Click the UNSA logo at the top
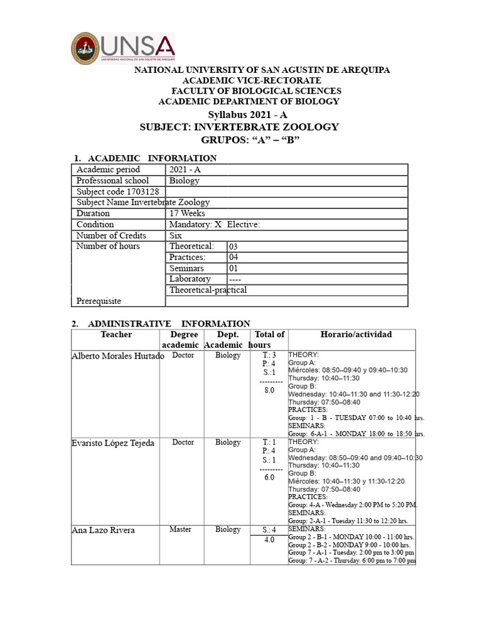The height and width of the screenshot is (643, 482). pos(123,48)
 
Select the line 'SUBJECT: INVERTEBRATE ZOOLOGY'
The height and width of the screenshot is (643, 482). pos(238,127)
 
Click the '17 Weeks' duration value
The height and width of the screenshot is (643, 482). pos(187,213)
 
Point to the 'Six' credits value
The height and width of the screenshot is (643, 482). pos(176,235)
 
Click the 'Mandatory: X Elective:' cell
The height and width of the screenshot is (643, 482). pos(215,225)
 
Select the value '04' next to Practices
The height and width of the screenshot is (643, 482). pos(234,257)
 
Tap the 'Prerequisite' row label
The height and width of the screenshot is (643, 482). pos(99,301)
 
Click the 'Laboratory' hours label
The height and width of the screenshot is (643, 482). pos(190,279)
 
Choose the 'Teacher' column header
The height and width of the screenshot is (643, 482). pos(116,335)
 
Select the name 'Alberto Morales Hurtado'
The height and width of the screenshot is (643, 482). pos(118,356)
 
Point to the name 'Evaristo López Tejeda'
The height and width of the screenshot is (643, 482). pos(112,443)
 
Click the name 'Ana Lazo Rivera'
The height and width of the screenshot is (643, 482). pos(103,531)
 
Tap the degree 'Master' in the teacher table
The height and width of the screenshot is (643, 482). pos(180,530)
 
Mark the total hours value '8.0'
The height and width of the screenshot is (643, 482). pos(270,391)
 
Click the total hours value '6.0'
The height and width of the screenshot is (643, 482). pos(270,478)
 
